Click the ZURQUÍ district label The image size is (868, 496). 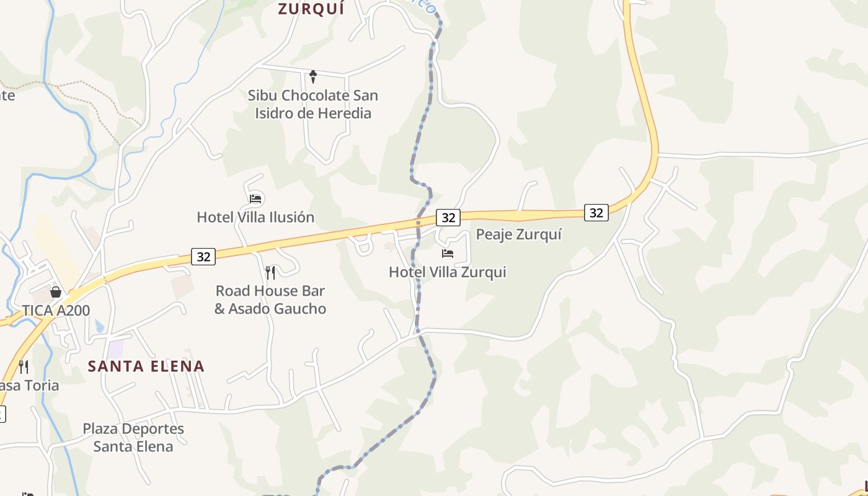click(x=311, y=9)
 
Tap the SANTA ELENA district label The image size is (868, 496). click(x=146, y=366)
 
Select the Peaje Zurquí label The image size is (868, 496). click(x=518, y=234)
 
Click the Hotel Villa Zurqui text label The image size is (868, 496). click(x=447, y=272)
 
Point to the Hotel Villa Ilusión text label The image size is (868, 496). click(x=255, y=218)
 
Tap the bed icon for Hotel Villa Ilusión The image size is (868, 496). click(x=255, y=199)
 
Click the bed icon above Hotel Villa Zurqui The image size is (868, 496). click(x=447, y=254)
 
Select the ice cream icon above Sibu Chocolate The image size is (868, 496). click(x=313, y=77)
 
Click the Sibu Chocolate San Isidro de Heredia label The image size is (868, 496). click(x=313, y=104)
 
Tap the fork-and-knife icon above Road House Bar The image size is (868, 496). click(x=270, y=272)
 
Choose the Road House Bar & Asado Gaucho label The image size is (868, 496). click(x=270, y=299)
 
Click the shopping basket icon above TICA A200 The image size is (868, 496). click(x=56, y=291)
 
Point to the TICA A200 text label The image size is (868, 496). click(x=56, y=311)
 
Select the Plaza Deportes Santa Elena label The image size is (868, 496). click(x=133, y=437)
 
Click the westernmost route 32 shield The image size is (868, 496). click(x=203, y=256)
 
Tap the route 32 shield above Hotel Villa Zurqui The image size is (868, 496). click(x=448, y=218)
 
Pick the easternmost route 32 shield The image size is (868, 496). click(x=596, y=213)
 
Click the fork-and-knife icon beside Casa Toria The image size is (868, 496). click(x=24, y=366)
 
